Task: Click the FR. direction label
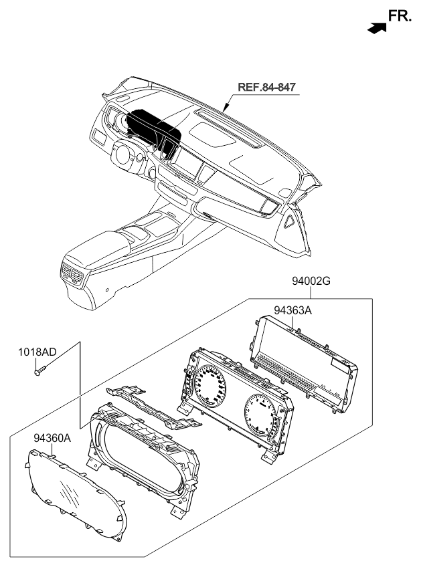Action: [400, 17]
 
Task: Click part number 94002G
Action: [311, 281]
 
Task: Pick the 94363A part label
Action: [293, 310]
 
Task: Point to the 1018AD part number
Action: [37, 350]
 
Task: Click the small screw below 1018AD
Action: [39, 368]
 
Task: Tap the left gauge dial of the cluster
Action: [213, 387]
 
